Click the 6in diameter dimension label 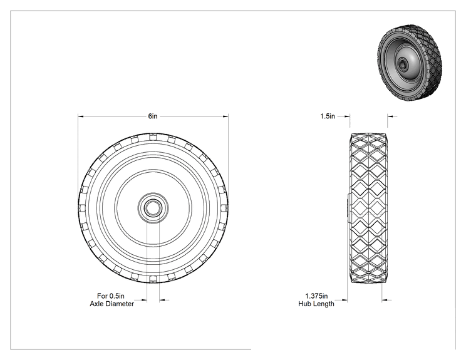tap(153, 116)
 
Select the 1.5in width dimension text tap(328, 116)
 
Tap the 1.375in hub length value tap(316, 296)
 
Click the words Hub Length tap(316, 304)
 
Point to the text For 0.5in tap(111, 296)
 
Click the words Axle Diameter tap(111, 304)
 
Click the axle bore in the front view tap(153, 208)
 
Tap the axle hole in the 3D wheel tap(403, 63)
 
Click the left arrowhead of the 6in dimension tap(81, 116)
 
